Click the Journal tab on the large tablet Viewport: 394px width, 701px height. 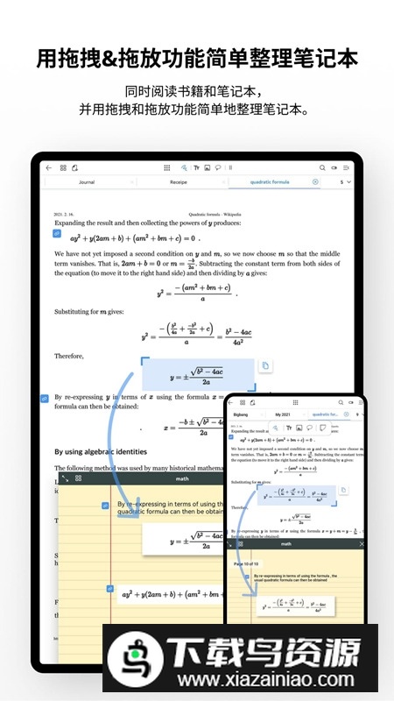87,182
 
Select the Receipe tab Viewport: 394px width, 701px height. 179,182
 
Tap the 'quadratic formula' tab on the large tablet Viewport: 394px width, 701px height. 270,182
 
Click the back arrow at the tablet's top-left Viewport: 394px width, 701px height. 49,166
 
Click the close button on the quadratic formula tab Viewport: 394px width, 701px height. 315,182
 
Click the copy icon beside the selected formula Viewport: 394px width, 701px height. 265,365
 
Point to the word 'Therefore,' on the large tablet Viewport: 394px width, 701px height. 69,356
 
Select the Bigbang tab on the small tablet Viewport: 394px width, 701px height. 242,414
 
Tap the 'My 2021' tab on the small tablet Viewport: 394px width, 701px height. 283,414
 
